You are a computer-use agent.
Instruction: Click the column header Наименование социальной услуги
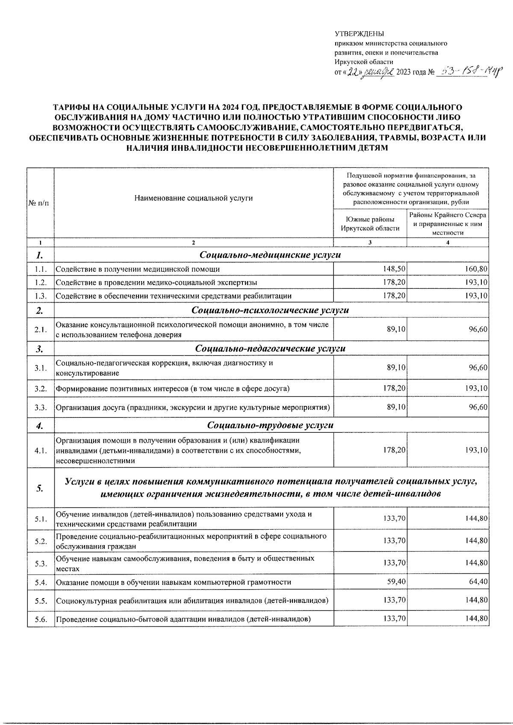[x=193, y=198]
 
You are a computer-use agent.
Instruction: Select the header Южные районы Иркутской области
[x=370, y=224]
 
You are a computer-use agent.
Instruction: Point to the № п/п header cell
[x=38, y=203]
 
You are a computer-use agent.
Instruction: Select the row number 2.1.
[x=41, y=330]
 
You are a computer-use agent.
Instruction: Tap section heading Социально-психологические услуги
[x=270, y=310]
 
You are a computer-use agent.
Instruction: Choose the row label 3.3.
[x=41, y=408]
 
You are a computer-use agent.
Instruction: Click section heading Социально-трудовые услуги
[x=270, y=426]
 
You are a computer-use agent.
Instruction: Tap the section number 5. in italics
[x=40, y=488]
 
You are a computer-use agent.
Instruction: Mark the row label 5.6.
[x=41, y=619]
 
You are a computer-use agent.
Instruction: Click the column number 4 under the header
[x=448, y=243]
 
